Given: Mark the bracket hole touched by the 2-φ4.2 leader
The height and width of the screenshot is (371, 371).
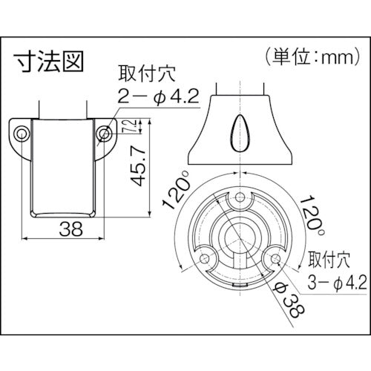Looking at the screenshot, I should click(104, 134).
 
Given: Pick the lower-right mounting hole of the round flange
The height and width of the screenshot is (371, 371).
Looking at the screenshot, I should click(275, 260).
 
